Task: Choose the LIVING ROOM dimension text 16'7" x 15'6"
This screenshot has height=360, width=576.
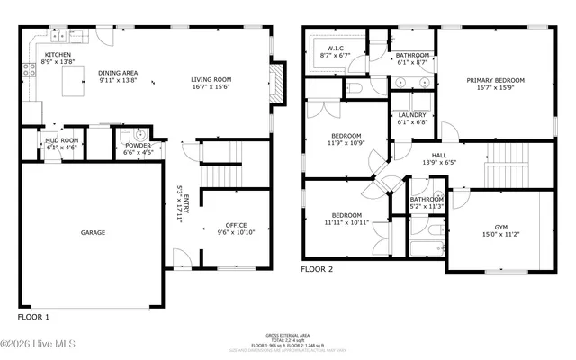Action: click(211, 88)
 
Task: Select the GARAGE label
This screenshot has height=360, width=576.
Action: click(94, 232)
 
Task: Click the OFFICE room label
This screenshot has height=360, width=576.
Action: click(236, 225)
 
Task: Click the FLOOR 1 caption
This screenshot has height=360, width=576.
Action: click(34, 318)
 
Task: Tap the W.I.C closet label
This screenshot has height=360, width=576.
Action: click(336, 48)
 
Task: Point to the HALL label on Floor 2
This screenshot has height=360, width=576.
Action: click(438, 155)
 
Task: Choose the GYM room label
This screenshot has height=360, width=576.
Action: click(500, 227)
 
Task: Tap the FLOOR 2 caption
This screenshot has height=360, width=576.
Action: click(317, 269)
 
